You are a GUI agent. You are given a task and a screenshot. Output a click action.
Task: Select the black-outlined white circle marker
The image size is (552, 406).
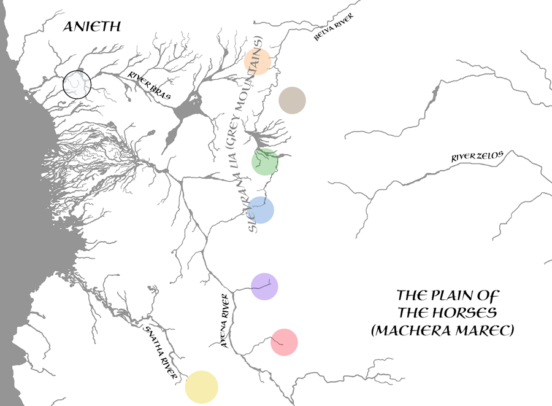77,84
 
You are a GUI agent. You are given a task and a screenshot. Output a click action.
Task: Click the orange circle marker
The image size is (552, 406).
258,61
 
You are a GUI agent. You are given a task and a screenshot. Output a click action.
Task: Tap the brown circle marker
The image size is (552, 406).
292,100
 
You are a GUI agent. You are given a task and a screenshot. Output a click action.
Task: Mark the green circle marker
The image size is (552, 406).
265,162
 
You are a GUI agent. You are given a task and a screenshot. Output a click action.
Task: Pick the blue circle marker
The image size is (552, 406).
261,210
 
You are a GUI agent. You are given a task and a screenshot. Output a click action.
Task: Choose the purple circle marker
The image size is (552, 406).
265,286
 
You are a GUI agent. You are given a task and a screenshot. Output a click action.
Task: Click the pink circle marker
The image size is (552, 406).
284,342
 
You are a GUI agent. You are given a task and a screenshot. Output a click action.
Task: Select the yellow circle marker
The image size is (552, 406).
201,387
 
